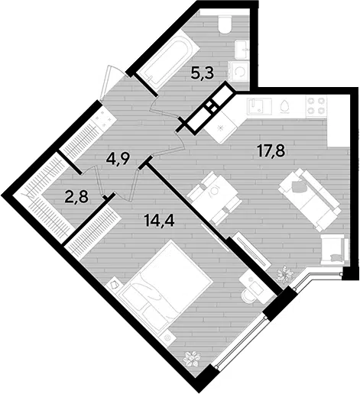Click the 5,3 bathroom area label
pyautogui.click(x=202, y=74)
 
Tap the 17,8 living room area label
pyautogui.click(x=271, y=151)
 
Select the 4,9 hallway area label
pyautogui.click(x=118, y=160)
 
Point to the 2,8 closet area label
pyautogui.click(x=76, y=197)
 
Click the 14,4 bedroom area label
pyautogui.click(x=159, y=220)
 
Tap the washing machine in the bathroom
pyautogui.click(x=238, y=72)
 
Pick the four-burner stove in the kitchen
pyautogui.click(x=316, y=106)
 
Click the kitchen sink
pyautogui.click(x=259, y=106)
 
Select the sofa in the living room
pyautogui.click(x=310, y=200)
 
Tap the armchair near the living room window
pyautogui.click(x=335, y=250)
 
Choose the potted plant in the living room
pyautogui.click(x=285, y=274)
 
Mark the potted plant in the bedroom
pyautogui.click(x=192, y=358)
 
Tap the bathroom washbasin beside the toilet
pyautogui.click(x=242, y=50)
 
